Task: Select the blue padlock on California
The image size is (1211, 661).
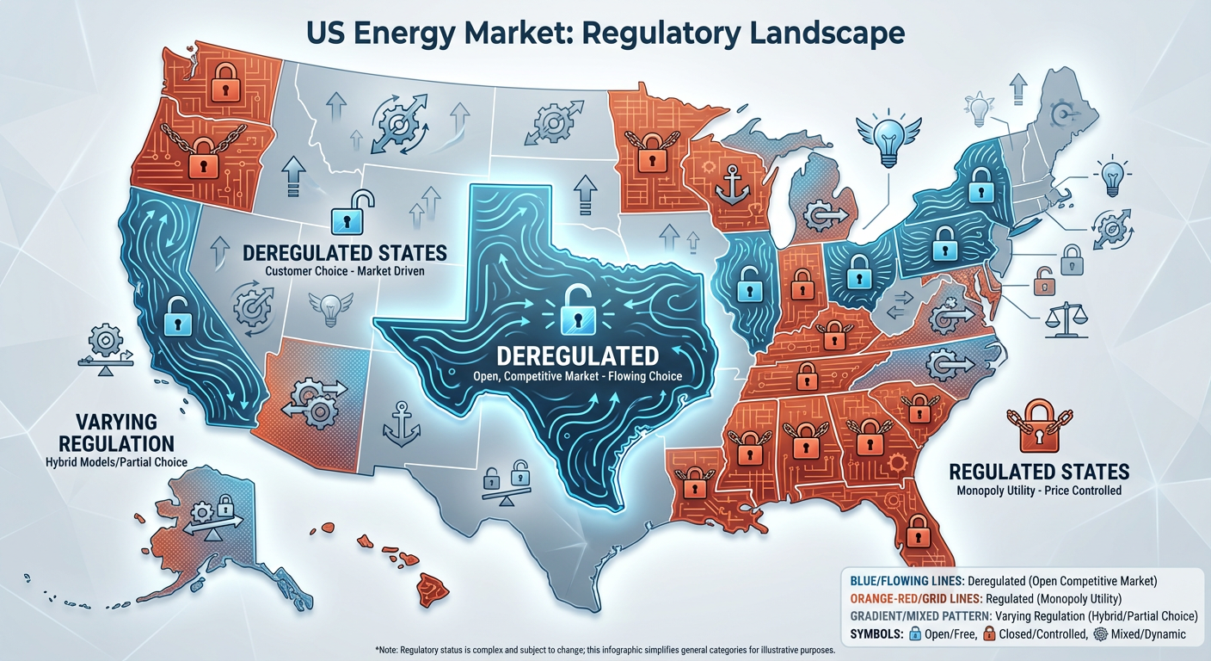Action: pos(178,317)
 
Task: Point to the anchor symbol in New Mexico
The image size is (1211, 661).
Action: pos(401,423)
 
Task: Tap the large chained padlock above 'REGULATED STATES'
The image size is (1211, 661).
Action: pos(1037,427)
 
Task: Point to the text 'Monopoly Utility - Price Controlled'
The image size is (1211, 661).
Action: pos(1039,491)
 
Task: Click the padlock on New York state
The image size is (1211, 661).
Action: pos(980,182)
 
